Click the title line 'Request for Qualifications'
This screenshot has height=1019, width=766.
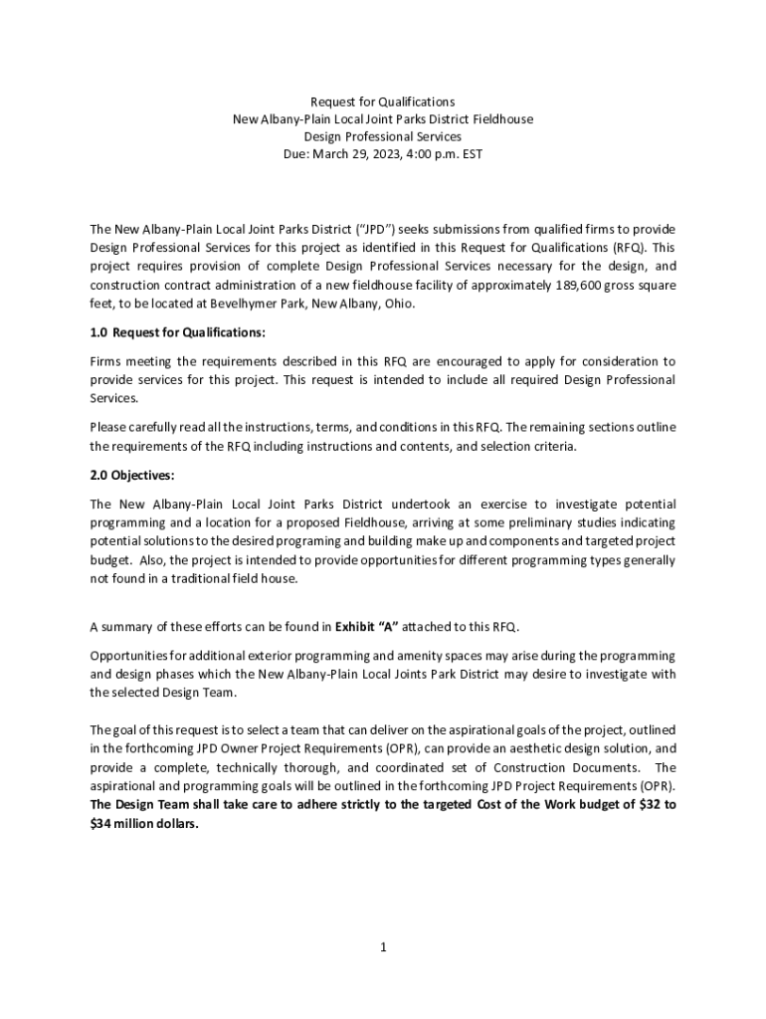(x=383, y=102)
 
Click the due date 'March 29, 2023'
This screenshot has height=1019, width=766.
(x=357, y=154)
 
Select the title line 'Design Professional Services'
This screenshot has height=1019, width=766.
(x=383, y=136)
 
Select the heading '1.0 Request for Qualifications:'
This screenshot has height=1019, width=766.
(x=178, y=332)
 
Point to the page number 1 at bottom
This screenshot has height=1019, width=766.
(x=383, y=947)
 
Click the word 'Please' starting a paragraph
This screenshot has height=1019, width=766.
(x=108, y=427)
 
